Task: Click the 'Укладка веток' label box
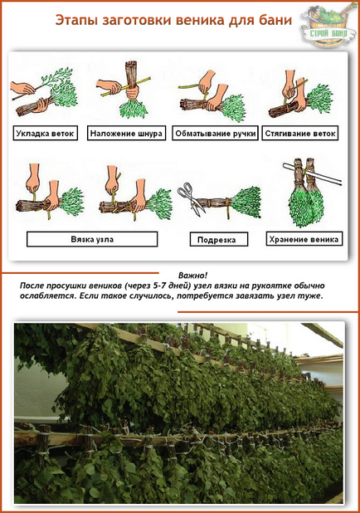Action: point(45,133)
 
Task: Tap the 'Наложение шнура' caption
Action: point(126,133)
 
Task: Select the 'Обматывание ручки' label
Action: point(215,133)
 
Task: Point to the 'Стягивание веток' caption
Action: point(299,133)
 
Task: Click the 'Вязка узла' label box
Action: point(92,239)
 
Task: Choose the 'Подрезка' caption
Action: point(219,240)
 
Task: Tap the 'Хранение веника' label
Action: point(304,239)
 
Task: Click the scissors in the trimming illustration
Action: point(190,198)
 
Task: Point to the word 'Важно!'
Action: point(192,275)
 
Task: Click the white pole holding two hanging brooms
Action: point(313,173)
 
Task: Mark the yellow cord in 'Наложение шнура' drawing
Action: point(126,86)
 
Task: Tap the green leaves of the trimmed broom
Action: point(246,202)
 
